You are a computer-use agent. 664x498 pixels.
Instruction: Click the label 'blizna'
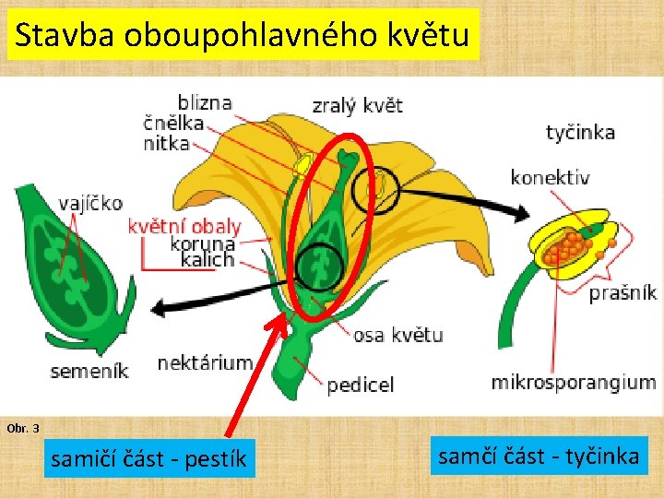(x=204, y=102)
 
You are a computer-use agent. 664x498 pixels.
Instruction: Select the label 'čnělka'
(x=173, y=123)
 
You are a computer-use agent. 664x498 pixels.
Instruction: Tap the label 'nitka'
(x=166, y=143)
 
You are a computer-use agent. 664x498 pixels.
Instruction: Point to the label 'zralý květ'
(x=357, y=105)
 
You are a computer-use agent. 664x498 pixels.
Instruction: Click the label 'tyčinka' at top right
(x=580, y=132)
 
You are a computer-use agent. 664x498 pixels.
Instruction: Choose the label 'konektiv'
(x=550, y=177)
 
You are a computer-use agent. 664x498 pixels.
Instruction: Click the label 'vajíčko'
(x=89, y=203)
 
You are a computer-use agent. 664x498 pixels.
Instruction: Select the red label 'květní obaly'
(x=184, y=226)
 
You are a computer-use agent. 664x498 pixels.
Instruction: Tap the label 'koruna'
(x=203, y=244)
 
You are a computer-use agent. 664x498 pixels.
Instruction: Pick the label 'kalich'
(x=207, y=261)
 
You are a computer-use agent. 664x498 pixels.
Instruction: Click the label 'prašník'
(x=622, y=292)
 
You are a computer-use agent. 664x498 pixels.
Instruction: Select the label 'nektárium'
(x=205, y=362)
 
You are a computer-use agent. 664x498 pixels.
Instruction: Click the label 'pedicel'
(x=361, y=385)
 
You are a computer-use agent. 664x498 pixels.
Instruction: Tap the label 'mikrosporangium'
(x=573, y=382)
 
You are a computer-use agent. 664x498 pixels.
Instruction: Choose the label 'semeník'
(x=89, y=372)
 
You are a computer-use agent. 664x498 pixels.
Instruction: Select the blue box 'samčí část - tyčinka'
(x=539, y=456)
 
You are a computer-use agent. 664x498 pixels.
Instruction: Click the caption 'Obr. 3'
(x=23, y=429)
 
